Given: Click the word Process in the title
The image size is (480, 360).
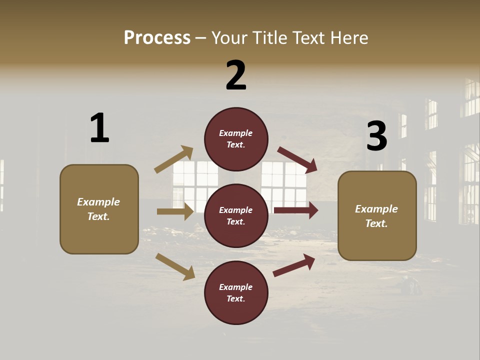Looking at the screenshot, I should [157, 38].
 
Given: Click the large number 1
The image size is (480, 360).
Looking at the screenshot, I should [99, 128].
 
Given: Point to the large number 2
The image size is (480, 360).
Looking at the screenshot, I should [236, 75].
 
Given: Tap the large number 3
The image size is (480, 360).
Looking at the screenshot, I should [376, 136].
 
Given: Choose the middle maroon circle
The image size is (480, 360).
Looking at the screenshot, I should [236, 216].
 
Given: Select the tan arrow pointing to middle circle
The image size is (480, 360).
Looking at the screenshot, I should [175, 211].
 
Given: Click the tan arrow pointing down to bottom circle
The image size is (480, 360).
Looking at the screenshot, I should [175, 266].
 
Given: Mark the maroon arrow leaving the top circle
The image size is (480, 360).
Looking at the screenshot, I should [297, 160].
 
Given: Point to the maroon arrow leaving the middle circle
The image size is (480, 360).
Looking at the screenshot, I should [296, 210].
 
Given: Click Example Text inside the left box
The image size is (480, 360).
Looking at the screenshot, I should [98, 209].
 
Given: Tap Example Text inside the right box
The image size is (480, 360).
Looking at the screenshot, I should [376, 216].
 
